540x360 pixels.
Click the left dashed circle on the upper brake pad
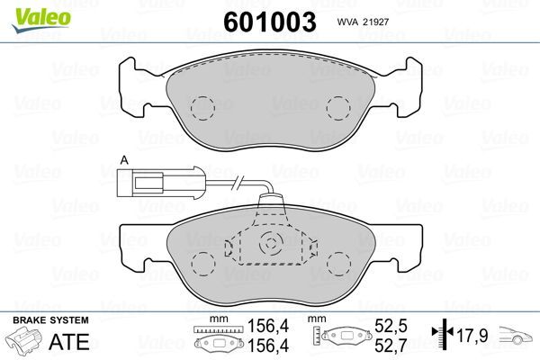[202, 109]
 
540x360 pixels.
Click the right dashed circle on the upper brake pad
[339, 109]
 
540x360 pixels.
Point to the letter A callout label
[123, 161]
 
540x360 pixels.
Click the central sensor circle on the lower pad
[271, 243]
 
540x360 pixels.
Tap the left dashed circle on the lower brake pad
[202, 265]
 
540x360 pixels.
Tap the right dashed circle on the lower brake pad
[339, 265]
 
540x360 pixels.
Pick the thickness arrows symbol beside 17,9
[439, 335]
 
